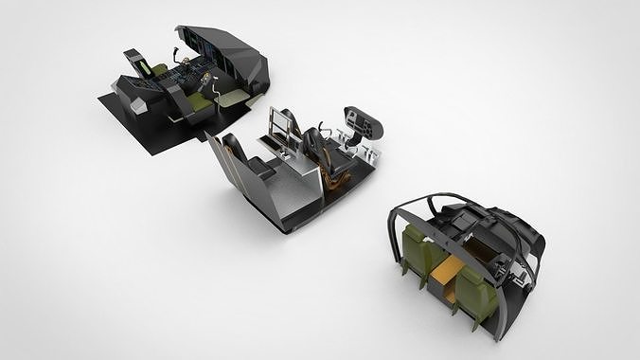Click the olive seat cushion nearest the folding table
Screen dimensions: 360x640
[x=198, y=100]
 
